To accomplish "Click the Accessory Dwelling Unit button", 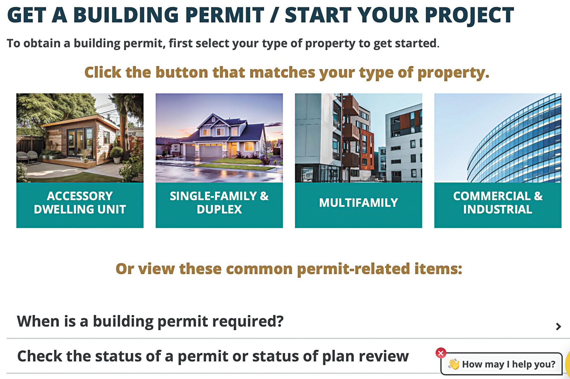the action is pos(80,205).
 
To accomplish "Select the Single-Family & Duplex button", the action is pos(219,205).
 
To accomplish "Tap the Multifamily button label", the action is pos(358,203).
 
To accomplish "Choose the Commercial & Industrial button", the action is pos(498,205).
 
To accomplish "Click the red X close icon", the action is pos(441,353).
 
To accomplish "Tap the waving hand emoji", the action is pos(454,364).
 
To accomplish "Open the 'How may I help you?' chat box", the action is pos(501,364).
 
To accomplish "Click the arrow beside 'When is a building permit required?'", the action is pos(558,326).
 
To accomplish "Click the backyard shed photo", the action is pos(80,138).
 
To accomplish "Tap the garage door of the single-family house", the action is pos(211,151).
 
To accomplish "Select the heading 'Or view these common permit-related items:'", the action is pos(289,269).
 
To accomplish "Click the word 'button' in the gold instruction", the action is pos(182,72).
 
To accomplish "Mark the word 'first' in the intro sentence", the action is pos(180,43).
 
